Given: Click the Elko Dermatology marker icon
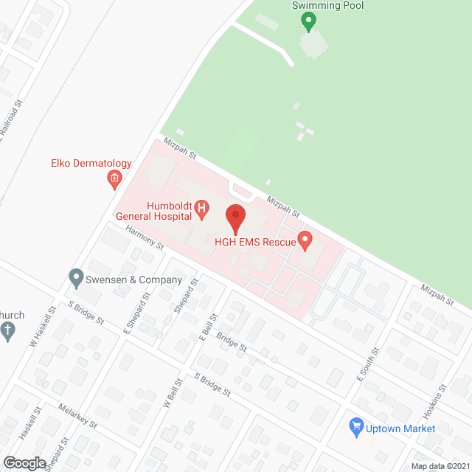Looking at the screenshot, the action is (114, 178).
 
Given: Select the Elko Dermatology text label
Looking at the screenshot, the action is (91, 164).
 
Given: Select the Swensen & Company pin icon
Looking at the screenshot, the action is (75, 280).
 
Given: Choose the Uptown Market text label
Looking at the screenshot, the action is (401, 428).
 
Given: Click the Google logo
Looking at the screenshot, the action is (24, 462).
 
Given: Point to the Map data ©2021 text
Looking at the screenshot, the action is (440, 466).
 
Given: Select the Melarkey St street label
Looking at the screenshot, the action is (78, 418).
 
